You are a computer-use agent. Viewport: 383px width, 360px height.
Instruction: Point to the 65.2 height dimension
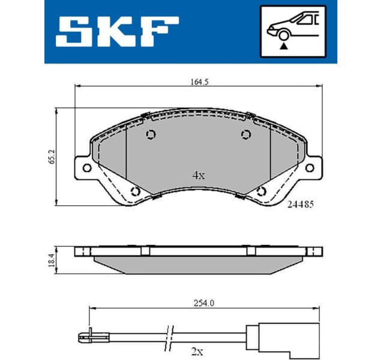52,156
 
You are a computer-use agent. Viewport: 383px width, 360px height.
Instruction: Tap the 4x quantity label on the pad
198,176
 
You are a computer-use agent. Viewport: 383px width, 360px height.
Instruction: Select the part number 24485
300,204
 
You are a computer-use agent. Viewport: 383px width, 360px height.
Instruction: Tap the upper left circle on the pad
151,135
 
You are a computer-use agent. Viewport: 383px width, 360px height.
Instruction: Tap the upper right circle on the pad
245,135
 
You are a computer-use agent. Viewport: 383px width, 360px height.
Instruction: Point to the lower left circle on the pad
135,192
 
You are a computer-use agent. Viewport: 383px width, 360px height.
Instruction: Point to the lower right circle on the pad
261,192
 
